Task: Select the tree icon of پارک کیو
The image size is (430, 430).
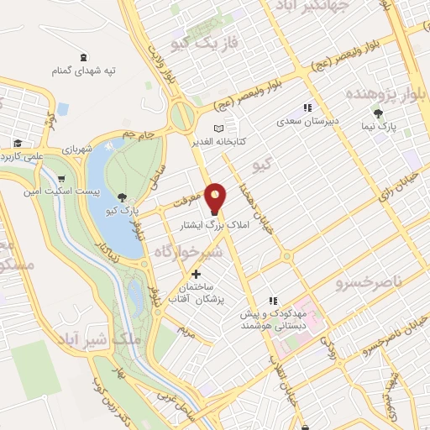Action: [124, 198]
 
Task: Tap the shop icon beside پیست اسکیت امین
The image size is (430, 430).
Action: [61, 178]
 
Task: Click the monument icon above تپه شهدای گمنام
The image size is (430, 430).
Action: [83, 57]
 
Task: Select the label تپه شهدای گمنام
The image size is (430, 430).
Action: [83, 71]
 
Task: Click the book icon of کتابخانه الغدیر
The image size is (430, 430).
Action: [220, 128]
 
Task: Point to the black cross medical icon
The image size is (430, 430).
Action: [197, 274]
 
